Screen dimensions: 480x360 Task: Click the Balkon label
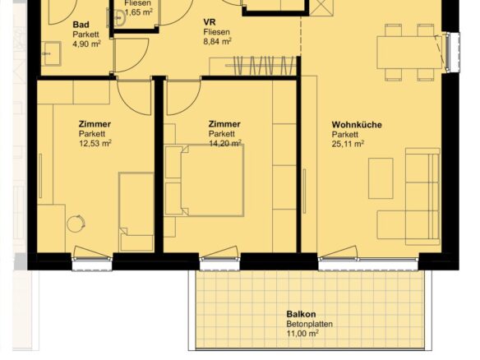tap(301, 314)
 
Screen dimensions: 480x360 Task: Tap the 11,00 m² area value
tap(302, 334)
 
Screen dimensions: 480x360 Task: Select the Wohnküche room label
tap(357, 125)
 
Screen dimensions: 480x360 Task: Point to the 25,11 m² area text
tap(348, 144)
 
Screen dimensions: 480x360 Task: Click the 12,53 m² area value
tap(95, 143)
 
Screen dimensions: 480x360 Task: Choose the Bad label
tap(81, 25)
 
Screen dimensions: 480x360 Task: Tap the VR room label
tap(210, 22)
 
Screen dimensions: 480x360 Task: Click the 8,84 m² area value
tap(217, 41)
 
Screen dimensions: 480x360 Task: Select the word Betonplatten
tap(310, 324)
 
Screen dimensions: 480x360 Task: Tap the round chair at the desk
tap(76, 224)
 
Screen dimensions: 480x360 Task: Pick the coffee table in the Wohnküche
tap(381, 178)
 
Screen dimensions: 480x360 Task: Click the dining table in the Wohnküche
tap(409, 53)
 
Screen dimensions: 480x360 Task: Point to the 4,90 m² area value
tap(86, 44)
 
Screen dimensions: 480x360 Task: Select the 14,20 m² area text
tap(225, 143)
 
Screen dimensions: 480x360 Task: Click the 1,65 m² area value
tap(139, 13)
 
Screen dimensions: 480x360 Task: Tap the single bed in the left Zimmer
tap(136, 212)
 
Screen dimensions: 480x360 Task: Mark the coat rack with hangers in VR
tap(261, 65)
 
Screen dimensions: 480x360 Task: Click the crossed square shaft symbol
tap(321, 7)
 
